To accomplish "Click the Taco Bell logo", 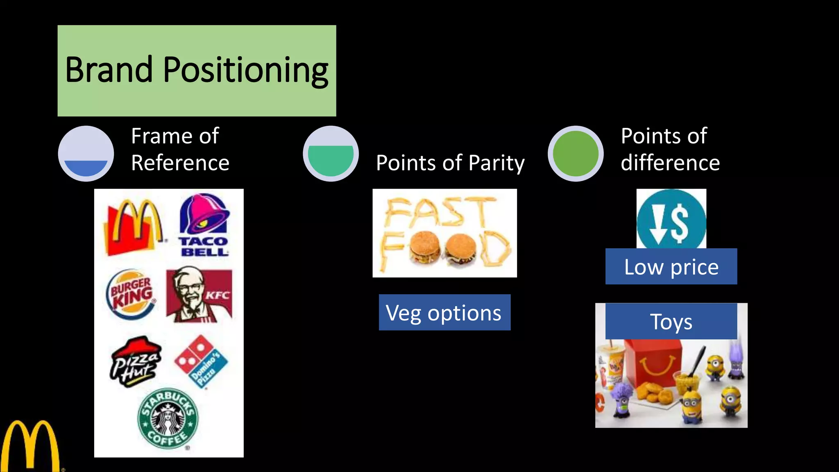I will (204, 225).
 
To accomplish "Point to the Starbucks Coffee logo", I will (168, 418).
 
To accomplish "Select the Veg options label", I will (444, 313).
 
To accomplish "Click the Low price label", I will (671, 267).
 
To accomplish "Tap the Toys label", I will (671, 321).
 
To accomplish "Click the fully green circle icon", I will (576, 154).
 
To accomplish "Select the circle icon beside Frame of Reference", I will (86, 154).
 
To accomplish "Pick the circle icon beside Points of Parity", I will (331, 154).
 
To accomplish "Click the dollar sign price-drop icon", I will (671, 220).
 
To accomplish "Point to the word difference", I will (670, 163).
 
